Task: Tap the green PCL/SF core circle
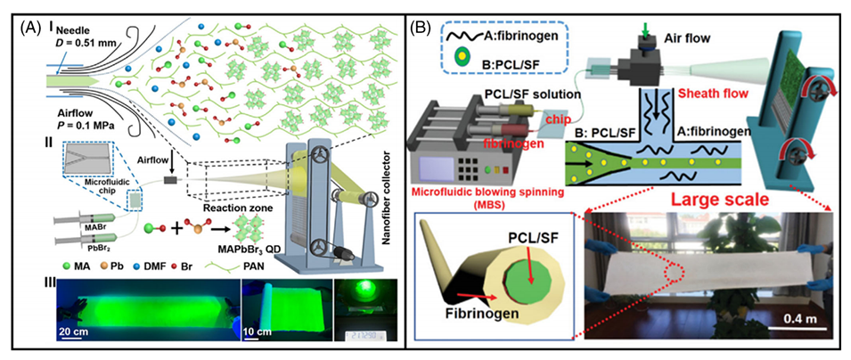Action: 524,286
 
